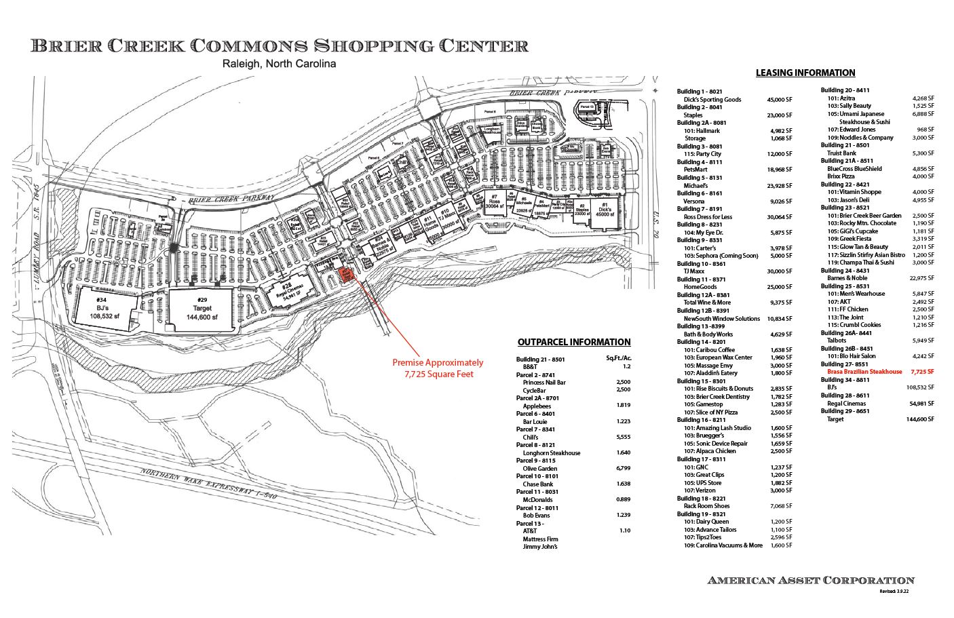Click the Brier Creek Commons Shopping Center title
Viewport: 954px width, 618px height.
point(280,46)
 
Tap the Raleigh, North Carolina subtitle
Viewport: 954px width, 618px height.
point(280,64)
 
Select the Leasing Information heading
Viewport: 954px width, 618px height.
point(805,73)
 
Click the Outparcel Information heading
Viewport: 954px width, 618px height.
point(573,342)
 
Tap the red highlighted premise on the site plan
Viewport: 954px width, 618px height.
point(347,275)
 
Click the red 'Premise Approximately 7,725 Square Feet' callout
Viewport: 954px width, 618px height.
point(438,368)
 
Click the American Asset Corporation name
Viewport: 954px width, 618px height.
point(810,580)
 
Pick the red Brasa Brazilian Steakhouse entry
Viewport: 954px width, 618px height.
point(864,372)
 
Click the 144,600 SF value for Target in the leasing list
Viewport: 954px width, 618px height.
point(920,419)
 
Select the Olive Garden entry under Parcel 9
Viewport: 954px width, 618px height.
point(540,468)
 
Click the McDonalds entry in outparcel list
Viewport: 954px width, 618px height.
point(537,499)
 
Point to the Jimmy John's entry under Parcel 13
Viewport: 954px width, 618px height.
point(539,547)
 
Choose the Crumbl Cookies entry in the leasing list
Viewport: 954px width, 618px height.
point(856,325)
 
